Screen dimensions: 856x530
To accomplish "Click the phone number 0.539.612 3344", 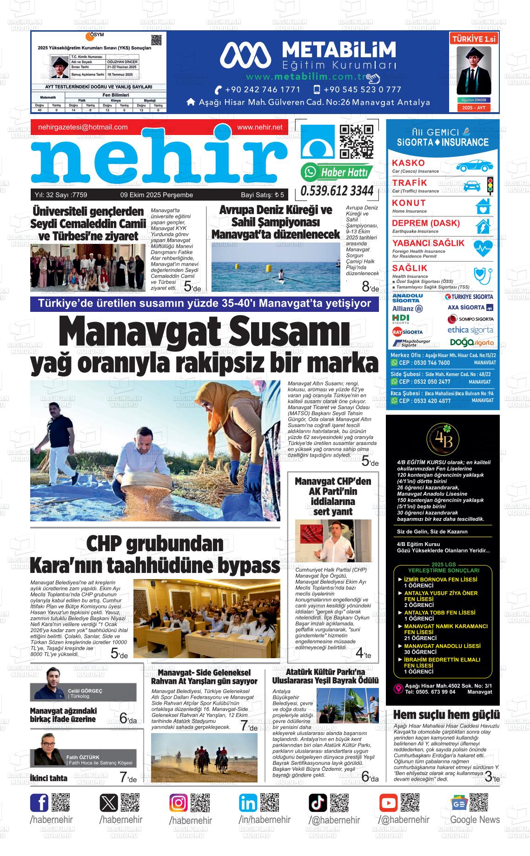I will coord(337,191).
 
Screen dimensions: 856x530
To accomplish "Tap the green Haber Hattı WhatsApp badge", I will coord(337,172).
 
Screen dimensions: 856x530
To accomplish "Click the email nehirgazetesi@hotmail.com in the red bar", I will coord(83,127).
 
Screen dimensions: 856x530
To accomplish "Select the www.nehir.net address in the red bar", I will coord(259,127).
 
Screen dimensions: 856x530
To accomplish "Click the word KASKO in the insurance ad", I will coord(408,163).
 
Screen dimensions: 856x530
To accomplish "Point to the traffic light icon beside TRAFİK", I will coord(490,185).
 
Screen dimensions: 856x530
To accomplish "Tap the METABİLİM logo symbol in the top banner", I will coord(245,55).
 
